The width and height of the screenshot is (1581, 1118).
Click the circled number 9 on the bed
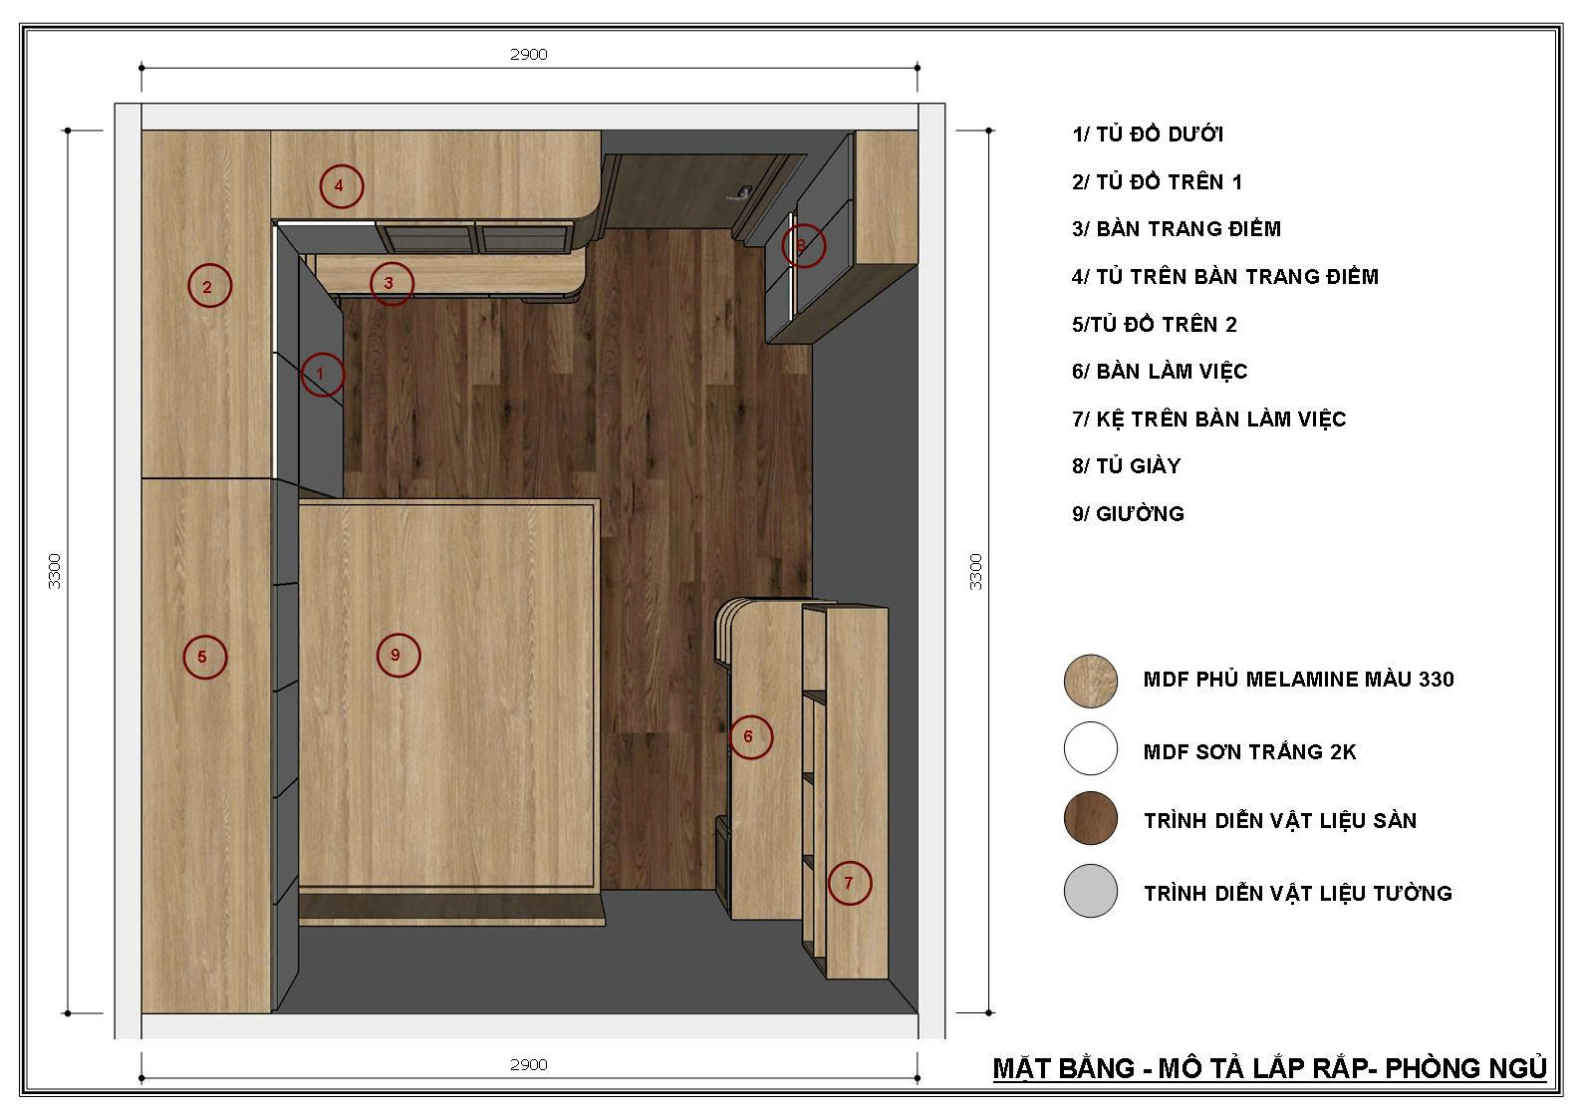[398, 656]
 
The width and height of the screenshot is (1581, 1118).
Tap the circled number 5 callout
[204, 657]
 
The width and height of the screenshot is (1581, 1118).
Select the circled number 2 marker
[209, 286]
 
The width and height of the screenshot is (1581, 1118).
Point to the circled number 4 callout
[342, 186]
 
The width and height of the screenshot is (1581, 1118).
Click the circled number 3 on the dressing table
[392, 283]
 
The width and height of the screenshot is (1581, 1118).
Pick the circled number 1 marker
[323, 374]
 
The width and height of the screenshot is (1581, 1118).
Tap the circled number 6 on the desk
[751, 737]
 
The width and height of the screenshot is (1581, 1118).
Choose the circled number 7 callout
[850, 883]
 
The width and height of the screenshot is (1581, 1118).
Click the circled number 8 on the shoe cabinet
[803, 245]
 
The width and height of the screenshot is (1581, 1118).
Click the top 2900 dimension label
[529, 55]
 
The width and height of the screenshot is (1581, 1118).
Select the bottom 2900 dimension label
[529, 1064]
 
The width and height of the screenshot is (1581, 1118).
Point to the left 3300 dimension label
[55, 571]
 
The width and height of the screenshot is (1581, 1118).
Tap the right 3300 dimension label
[975, 571]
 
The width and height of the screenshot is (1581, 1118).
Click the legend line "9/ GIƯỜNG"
[1128, 513]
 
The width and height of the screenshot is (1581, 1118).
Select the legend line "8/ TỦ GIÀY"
[1126, 466]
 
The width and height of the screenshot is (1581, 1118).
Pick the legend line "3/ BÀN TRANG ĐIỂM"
[1176, 229]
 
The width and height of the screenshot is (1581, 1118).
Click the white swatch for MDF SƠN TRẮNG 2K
[1091, 748]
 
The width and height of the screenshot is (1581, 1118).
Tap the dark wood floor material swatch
[1091, 818]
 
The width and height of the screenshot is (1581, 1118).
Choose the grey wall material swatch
[1091, 891]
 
